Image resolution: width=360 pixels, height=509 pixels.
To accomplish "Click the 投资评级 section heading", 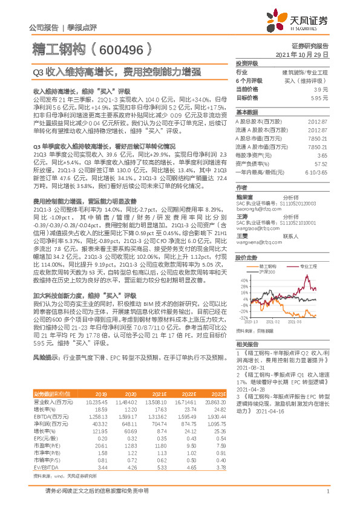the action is [x=247, y=63].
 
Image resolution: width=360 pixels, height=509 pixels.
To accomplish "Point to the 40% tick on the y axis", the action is [x=243, y=280].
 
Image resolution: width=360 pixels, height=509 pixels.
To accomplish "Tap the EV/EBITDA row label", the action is [x=43, y=450].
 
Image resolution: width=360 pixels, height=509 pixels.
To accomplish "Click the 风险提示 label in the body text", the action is [x=45, y=358].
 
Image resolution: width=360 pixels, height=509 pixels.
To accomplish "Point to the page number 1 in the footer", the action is [x=327, y=498].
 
